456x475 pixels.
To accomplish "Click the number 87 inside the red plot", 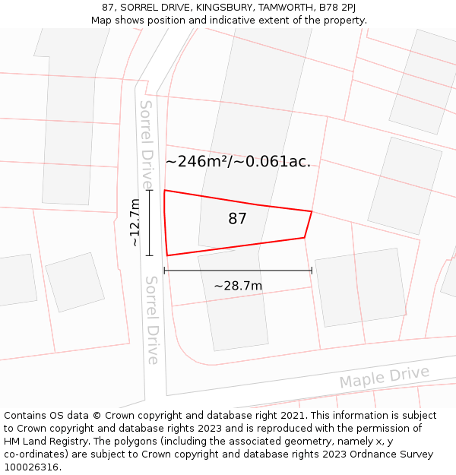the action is [237, 219].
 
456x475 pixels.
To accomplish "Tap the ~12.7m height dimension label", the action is [135, 223].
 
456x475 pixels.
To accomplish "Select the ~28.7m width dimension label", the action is [238, 286].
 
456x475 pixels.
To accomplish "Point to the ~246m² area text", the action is [197, 161].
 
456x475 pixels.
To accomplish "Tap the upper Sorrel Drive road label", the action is [146, 144].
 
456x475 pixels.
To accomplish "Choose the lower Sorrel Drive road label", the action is [151, 319].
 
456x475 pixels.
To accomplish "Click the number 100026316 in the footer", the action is [30, 467].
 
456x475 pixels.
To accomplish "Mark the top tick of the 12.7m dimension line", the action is [150, 191].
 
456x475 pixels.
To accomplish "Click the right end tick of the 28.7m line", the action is [312, 270].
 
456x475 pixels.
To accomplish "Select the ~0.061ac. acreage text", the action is [275, 161].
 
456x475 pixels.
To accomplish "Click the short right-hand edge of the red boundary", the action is [308, 224].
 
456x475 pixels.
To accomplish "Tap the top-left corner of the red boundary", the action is [164, 191].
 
